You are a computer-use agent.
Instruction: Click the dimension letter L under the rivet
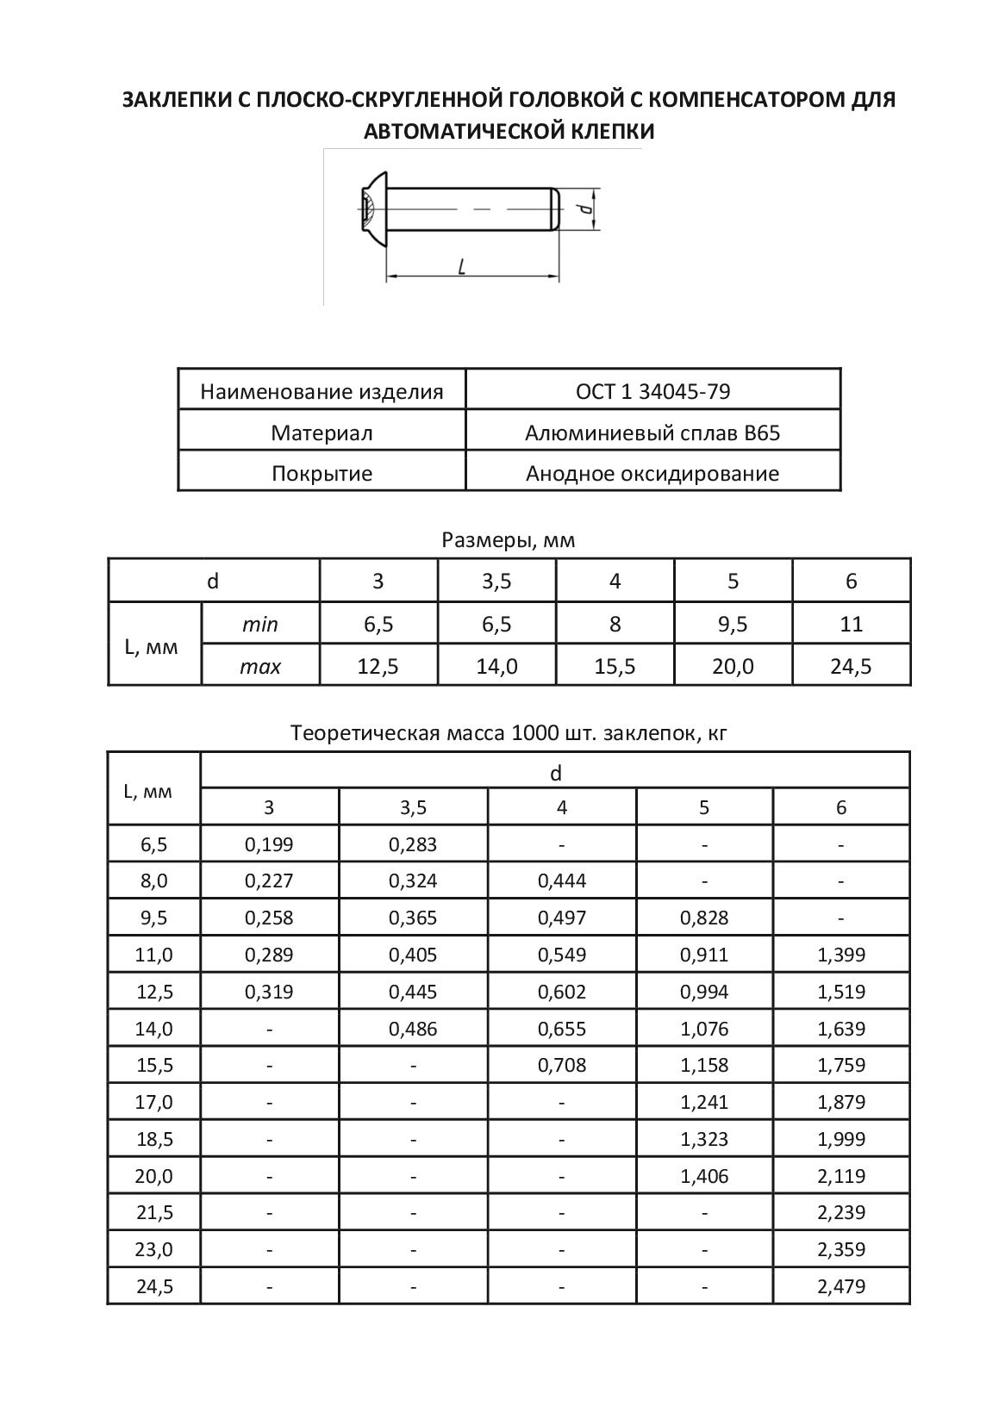pos(462,267)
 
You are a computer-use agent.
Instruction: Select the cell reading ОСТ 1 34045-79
pos(652,392)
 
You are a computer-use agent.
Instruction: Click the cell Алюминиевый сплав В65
pos(652,432)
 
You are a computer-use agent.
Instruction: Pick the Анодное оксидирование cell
pos(652,473)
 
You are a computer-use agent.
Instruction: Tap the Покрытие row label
pos(321,473)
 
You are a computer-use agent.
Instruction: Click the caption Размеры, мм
pos(508,540)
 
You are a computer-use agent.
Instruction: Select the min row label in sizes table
pos(260,625)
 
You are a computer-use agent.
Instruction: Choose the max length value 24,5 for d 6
pos(851,666)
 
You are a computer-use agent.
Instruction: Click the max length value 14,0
pos(496,666)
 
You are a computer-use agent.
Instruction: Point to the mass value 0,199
pos(269,844)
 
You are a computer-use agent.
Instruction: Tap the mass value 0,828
pos(704,918)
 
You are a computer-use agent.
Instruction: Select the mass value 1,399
pos(841,955)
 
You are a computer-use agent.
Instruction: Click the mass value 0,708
pos(561,1066)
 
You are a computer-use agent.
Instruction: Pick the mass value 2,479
pos(841,1287)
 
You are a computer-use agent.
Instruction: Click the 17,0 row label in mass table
pos(155,1102)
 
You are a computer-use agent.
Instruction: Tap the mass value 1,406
pos(704,1176)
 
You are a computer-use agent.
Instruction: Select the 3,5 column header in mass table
pos(413,807)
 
